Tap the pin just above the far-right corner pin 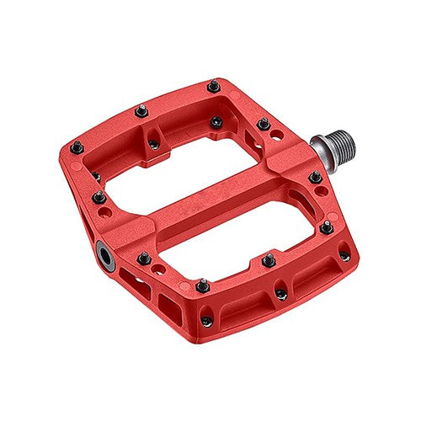tap(325, 227)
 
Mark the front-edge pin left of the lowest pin tap(202, 286)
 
